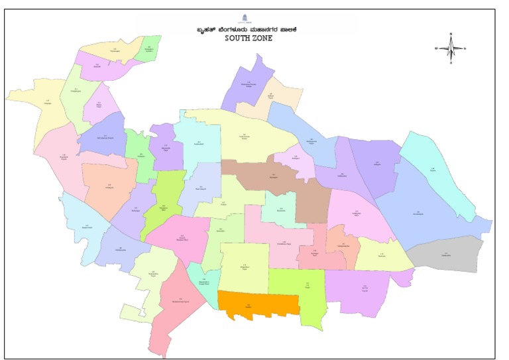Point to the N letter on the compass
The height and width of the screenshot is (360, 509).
[451, 33]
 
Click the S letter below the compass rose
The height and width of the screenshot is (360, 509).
[451, 63]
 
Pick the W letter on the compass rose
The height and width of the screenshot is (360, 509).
[436, 48]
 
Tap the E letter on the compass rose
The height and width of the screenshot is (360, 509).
[465, 48]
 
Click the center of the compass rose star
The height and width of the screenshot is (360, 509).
[451, 48]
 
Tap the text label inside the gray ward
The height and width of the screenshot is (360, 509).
[445, 254]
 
